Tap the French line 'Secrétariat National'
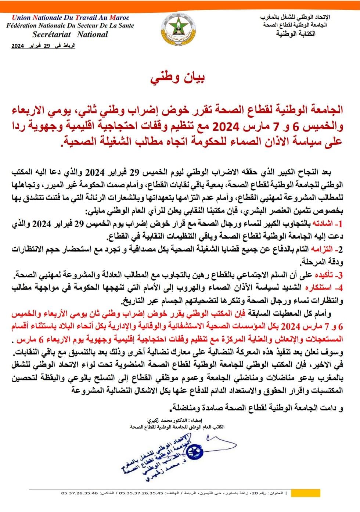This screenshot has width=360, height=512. pos(70,35)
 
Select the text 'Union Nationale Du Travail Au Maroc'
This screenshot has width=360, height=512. pos(71,17)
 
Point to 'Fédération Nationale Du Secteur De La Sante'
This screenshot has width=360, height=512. pos(70,26)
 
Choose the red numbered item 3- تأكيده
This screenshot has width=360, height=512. pos(329,275)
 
